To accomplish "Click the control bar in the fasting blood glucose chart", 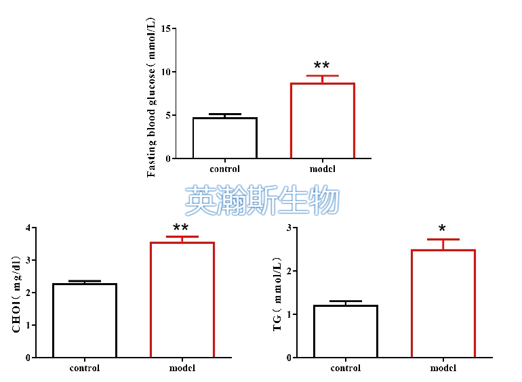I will click(x=224, y=138).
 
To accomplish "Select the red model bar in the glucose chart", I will click(x=322, y=121).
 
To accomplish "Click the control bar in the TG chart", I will click(x=345, y=331).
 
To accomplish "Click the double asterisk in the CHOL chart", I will click(x=181, y=229).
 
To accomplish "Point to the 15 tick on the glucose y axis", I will click(x=167, y=28).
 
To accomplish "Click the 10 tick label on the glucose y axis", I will click(x=167, y=72).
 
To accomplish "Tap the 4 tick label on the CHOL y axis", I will click(x=28, y=228).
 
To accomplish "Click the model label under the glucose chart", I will click(x=322, y=169).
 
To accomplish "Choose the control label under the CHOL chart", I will click(x=85, y=368).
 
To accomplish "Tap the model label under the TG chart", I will click(x=443, y=368).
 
